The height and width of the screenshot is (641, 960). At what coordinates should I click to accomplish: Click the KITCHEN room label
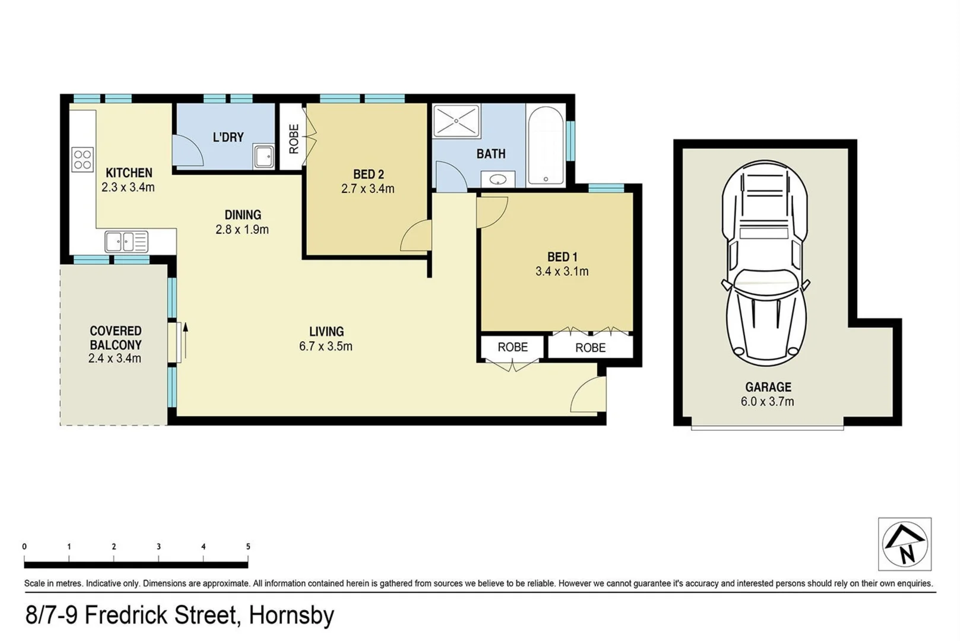(129, 173)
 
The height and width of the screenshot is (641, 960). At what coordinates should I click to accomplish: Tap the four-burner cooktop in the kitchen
(83, 159)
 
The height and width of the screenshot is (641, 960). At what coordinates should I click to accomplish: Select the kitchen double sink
(126, 242)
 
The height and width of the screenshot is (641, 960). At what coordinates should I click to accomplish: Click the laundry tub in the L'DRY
(263, 157)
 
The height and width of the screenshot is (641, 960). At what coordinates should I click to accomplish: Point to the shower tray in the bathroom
(456, 121)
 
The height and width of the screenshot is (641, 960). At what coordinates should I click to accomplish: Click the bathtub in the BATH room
(545, 146)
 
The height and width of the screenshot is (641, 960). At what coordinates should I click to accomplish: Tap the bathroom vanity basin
(498, 179)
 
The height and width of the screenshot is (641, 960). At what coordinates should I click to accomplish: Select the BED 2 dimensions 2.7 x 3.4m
(367, 189)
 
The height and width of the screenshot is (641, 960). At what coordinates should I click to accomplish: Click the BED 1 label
(562, 257)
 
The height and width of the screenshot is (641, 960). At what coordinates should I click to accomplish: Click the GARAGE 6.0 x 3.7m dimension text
(767, 402)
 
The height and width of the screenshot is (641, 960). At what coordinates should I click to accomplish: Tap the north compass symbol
(904, 544)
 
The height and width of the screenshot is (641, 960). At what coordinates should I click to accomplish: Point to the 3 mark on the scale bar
(159, 547)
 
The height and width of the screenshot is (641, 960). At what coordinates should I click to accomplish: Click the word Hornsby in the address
(292, 615)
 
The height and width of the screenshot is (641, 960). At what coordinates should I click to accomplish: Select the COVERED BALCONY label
(116, 338)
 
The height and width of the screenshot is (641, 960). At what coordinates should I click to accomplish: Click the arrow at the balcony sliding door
(185, 339)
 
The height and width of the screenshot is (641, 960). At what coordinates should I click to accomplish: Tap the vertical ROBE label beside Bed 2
(294, 139)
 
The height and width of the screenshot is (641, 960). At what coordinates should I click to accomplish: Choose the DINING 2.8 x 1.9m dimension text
(242, 230)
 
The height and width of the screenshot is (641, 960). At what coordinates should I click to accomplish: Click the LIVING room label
(326, 332)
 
